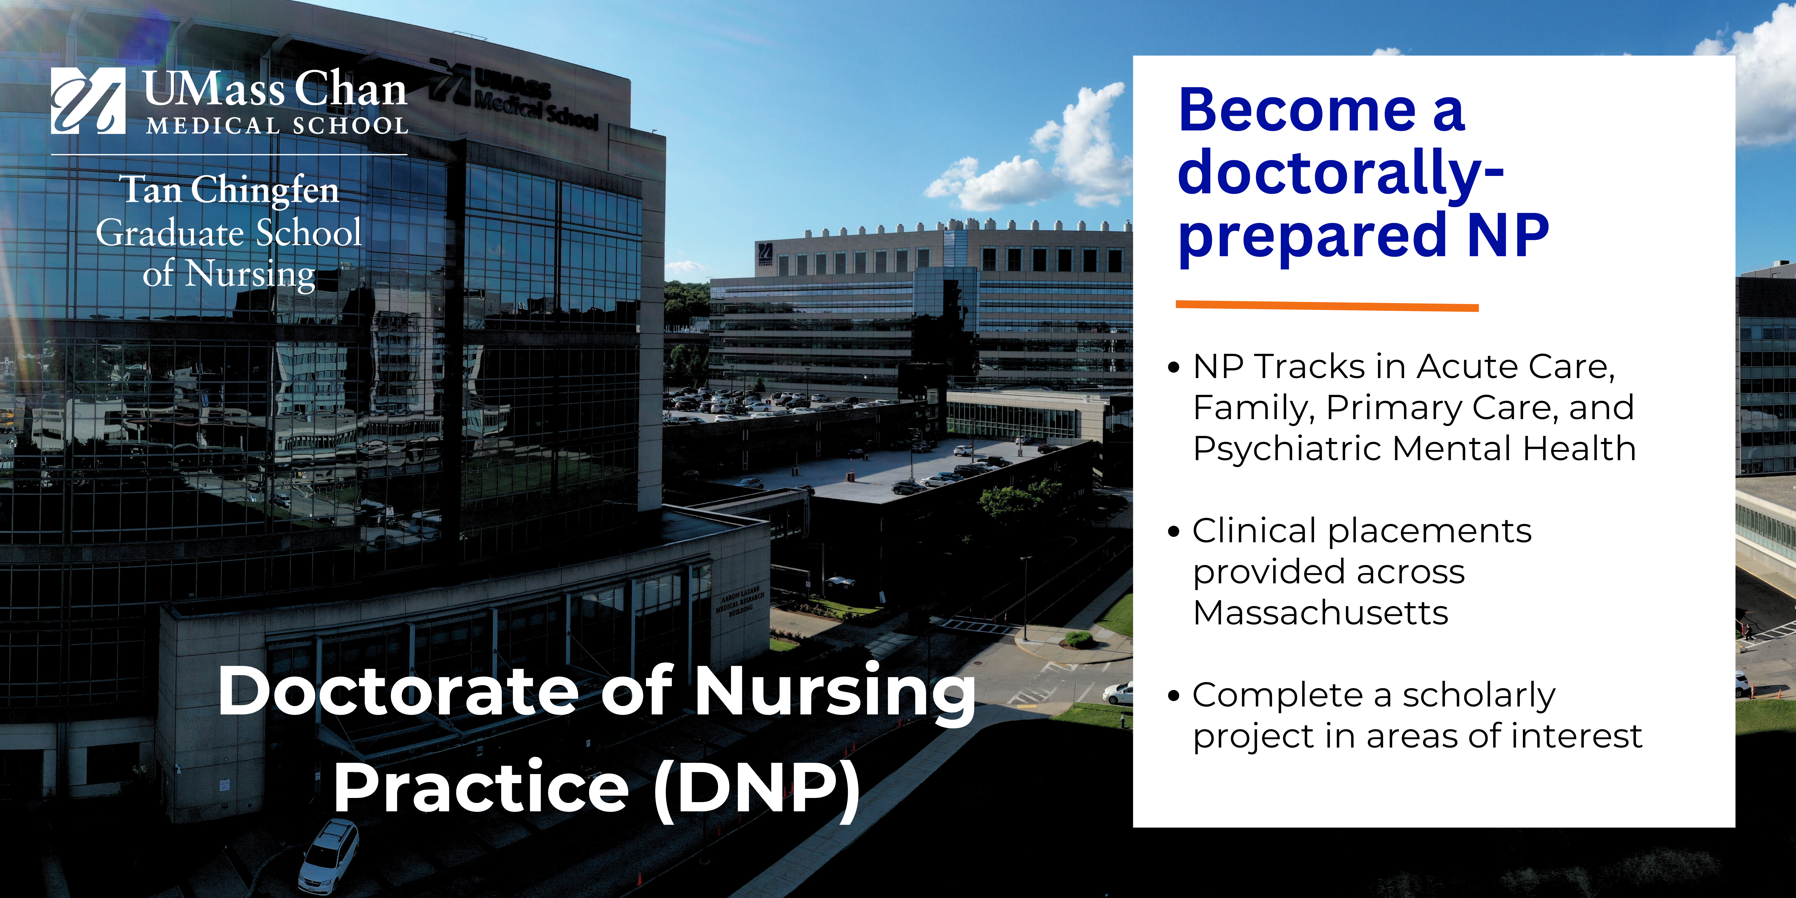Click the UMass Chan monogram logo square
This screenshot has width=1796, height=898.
[x=88, y=100]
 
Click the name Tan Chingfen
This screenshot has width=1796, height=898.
[x=229, y=190]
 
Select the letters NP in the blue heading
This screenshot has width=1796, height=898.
[x=1508, y=235]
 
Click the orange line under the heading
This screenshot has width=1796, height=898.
[x=1327, y=305]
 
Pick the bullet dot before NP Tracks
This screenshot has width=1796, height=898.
[x=1174, y=367]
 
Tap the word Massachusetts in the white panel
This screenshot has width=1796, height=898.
[x=1320, y=613]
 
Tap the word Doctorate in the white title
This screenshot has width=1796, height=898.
[x=398, y=690]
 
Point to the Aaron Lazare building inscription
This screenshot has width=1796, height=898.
[x=741, y=602]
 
